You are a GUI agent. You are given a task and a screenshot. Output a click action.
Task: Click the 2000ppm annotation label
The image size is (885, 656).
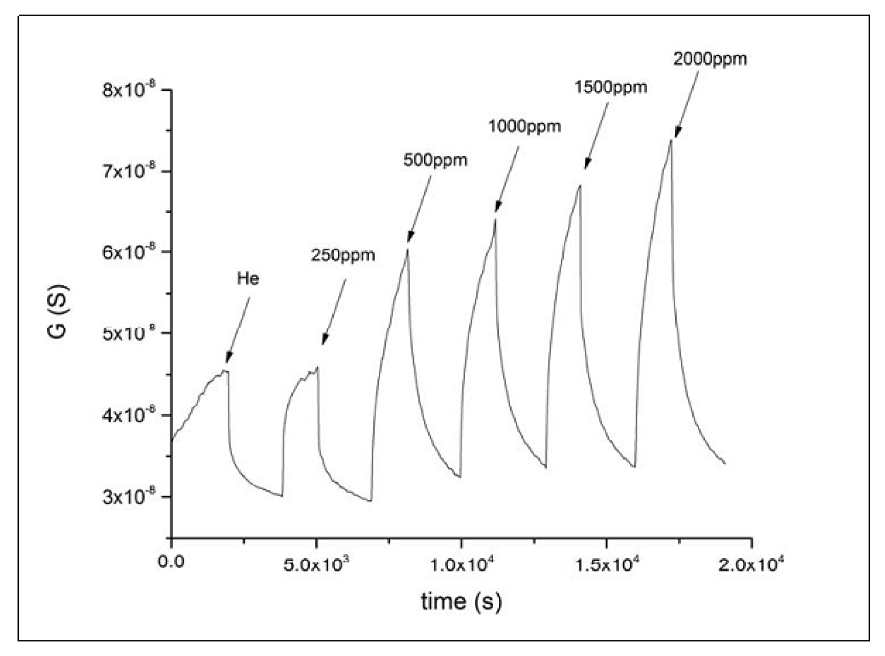709,59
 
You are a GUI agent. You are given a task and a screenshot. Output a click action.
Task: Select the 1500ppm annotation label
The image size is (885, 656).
610,87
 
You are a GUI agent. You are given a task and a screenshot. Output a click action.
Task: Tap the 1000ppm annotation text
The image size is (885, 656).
524,126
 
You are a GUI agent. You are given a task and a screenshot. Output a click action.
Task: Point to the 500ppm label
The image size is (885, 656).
435,160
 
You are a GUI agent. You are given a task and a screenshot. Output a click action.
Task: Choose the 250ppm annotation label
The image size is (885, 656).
343,255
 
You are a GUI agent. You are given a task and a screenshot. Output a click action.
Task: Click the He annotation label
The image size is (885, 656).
248,278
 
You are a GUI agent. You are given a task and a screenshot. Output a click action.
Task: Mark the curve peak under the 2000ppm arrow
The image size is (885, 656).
671,140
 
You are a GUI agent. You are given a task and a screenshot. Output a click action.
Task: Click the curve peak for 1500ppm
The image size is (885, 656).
580,186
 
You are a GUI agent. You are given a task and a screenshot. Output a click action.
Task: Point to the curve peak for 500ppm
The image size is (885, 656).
407,249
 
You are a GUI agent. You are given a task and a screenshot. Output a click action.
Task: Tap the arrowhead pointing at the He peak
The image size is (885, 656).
228,358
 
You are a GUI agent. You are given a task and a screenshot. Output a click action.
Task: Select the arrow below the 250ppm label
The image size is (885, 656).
334,312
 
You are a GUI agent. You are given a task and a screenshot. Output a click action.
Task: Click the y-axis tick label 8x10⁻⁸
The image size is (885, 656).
130,89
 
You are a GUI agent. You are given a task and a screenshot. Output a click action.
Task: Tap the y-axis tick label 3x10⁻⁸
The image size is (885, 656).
130,497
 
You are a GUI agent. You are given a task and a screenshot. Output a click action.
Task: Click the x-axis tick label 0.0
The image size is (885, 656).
171,562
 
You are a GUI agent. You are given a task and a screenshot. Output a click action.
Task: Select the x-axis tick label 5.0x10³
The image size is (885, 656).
316,563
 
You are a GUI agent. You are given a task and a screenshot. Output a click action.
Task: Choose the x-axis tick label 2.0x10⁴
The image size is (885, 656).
751,563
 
